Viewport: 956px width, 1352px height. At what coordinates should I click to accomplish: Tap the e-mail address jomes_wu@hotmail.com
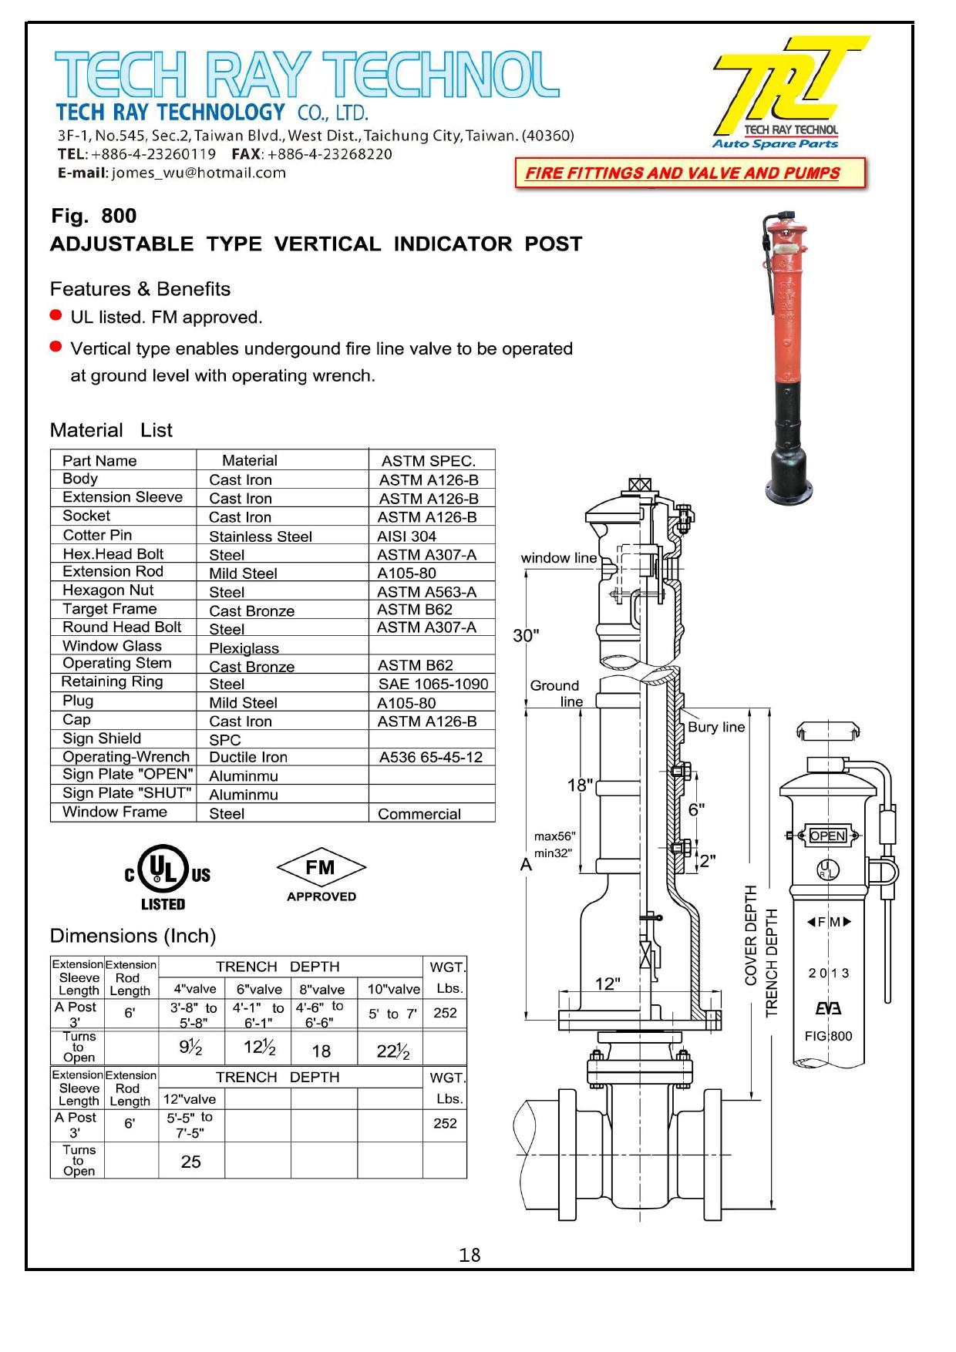(198, 173)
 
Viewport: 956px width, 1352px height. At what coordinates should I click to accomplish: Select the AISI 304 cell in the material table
(406, 536)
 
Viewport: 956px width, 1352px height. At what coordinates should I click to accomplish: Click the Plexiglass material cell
(244, 648)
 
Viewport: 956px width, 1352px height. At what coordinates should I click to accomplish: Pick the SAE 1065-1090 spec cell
(433, 684)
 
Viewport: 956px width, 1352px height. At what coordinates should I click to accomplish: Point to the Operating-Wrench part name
(126, 757)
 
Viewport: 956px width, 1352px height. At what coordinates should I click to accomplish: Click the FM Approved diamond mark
(321, 876)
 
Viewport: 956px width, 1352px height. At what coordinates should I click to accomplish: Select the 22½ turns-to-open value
(392, 1051)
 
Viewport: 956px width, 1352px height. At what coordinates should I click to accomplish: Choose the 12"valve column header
(190, 1099)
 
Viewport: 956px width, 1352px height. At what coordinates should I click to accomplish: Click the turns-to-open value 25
(190, 1162)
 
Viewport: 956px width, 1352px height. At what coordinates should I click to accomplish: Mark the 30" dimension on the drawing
(526, 636)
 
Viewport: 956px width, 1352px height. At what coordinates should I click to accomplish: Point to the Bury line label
(715, 727)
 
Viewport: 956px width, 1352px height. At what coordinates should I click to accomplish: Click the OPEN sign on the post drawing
(827, 836)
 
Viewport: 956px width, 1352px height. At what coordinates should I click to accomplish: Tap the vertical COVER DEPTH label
(751, 935)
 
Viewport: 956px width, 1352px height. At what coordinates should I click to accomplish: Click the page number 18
(470, 1256)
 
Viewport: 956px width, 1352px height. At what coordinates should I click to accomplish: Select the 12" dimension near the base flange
(608, 984)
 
